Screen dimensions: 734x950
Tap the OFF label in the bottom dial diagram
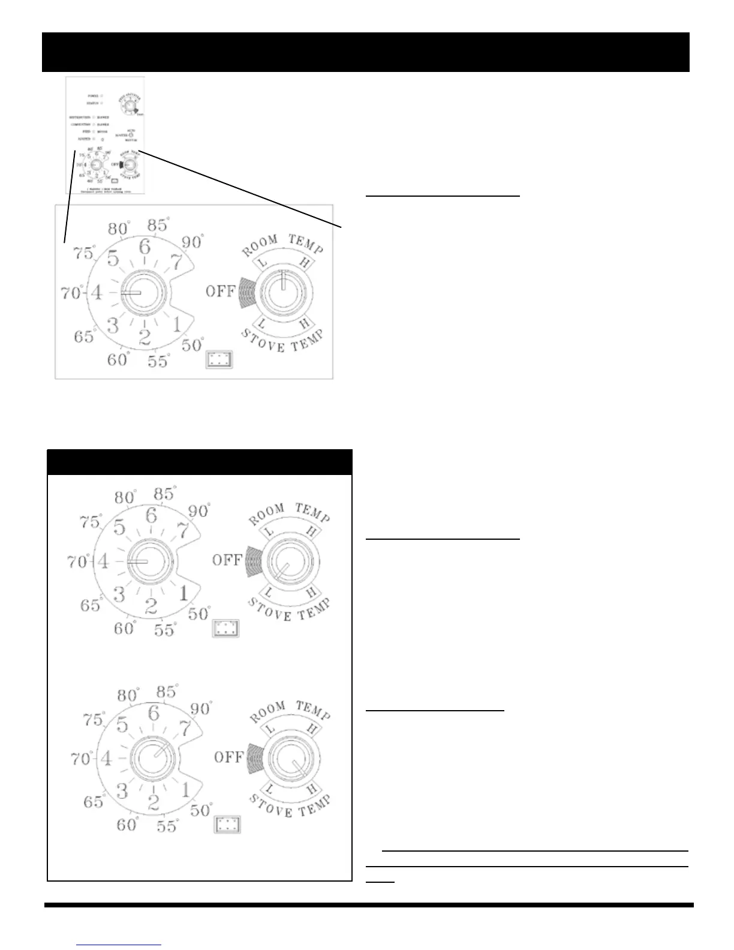point(228,757)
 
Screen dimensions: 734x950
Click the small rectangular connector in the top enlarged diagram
point(219,360)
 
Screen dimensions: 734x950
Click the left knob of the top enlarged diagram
point(143,293)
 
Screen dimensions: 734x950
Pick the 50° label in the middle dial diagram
point(199,614)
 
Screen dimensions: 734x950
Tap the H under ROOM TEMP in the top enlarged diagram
point(304,262)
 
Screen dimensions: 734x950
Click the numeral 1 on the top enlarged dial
point(176,325)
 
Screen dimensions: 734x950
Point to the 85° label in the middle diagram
point(163,494)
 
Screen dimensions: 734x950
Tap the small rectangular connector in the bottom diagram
point(227,825)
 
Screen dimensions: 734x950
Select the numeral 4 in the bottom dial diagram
point(106,759)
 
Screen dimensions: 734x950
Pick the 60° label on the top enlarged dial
point(119,360)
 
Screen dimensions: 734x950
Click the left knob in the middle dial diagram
point(151,561)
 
